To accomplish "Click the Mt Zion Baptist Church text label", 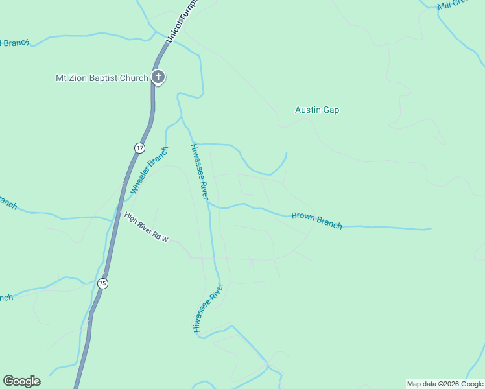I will coord(102,78).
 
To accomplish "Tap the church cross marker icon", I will coord(158,77).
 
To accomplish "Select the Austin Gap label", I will coord(317,110).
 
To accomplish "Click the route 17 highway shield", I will coord(139,148).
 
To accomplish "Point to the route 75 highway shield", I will coord(102,283).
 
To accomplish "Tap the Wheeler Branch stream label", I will coord(149,171).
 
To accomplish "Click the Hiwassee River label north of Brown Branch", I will coord(199,171).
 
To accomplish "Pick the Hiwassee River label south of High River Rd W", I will coord(207,308).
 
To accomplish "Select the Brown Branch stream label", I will coord(316,220).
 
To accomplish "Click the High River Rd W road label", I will coord(147,229).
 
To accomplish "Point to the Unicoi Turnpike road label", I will coord(182,23).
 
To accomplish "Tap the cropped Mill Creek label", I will coord(453,5).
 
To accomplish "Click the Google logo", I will coord(21,381).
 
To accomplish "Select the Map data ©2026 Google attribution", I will coord(445,384).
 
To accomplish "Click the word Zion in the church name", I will coord(80,78).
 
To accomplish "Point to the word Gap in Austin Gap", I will coord(331,110).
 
